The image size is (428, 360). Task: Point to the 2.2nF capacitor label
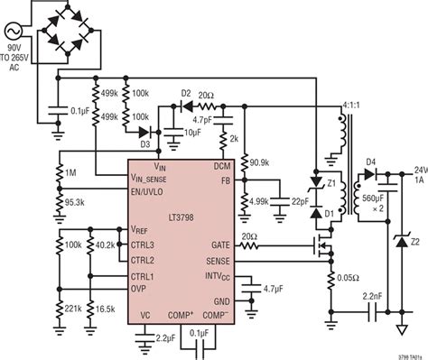tap(370, 294)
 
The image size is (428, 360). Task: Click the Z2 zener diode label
tap(416, 243)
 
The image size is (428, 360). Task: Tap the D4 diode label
tap(371, 162)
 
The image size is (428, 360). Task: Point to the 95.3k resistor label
tap(76, 203)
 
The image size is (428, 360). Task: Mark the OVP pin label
tap(141, 289)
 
